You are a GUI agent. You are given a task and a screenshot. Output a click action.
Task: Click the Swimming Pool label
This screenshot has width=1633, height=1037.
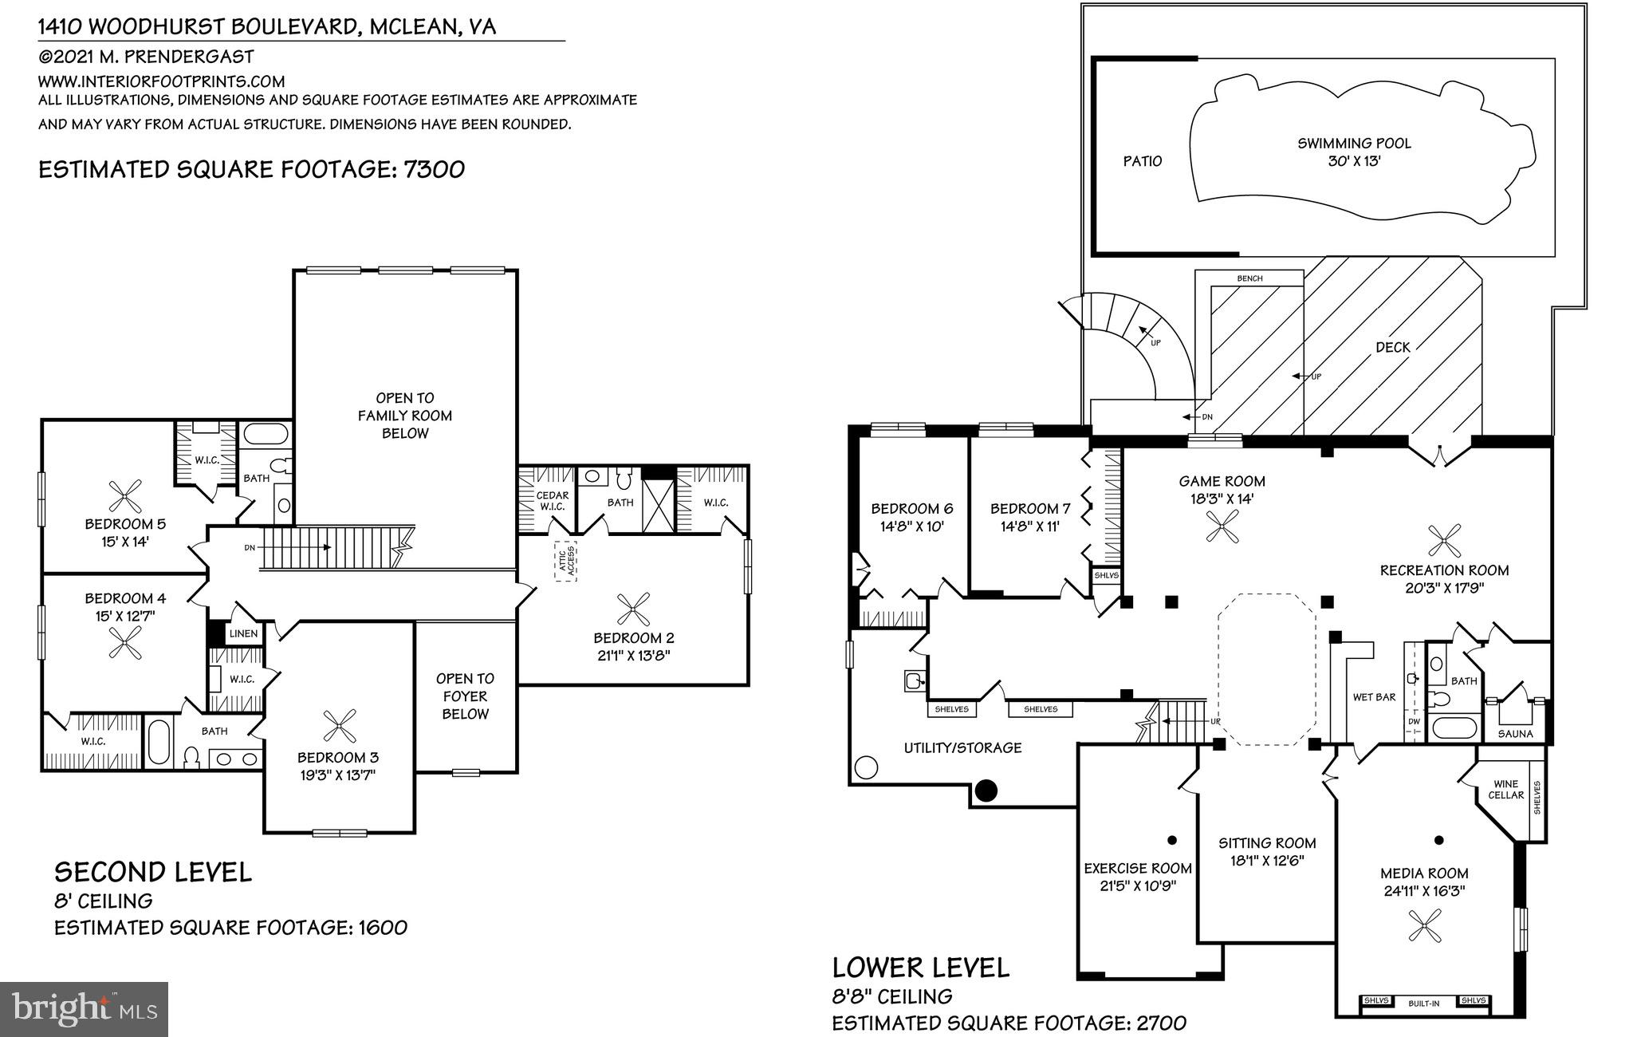coord(1354,144)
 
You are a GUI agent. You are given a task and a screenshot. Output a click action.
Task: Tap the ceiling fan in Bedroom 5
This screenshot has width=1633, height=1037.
coord(124,497)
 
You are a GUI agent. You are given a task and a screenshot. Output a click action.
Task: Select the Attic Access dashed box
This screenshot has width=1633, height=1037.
coord(565,562)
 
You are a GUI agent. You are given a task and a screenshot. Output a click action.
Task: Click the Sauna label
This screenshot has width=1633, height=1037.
coord(1515,734)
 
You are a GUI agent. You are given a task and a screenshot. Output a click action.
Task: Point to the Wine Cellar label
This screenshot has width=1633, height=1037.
coord(1505,790)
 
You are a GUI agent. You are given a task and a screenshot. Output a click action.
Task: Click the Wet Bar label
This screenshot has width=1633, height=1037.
coord(1374,697)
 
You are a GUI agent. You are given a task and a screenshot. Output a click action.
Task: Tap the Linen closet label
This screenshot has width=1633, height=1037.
coord(243,634)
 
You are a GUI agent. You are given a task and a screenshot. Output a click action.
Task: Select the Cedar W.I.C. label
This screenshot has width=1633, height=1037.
coord(552,501)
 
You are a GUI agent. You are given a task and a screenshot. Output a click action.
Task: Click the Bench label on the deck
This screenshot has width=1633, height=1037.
coord(1249,278)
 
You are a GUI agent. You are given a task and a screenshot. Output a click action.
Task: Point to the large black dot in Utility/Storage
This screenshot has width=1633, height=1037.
coord(987,791)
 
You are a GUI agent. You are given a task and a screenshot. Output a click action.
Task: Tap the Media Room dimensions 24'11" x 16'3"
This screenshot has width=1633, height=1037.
coord(1424,891)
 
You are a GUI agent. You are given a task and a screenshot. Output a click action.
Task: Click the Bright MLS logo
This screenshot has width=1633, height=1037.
coord(85,1009)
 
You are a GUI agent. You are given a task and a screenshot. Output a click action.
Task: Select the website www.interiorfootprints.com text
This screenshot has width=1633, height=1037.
coord(161,81)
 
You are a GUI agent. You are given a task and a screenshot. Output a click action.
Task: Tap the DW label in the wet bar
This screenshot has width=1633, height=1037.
coord(1414,722)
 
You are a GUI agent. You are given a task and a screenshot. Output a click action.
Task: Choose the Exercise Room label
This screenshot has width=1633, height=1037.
coord(1137,868)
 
